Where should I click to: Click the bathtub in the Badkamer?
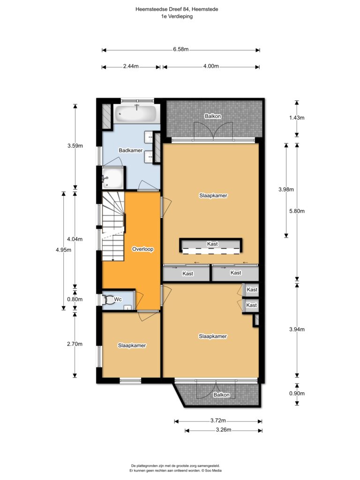136,113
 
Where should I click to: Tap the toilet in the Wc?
108,300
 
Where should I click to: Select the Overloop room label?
142,249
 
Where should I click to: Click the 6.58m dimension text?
180,49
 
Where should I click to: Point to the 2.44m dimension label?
131,66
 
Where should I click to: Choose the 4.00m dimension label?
211,66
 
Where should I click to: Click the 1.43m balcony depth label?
297,118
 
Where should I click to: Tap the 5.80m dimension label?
297,211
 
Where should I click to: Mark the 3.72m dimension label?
218,420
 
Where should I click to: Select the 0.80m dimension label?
75,300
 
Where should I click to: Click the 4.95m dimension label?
63,250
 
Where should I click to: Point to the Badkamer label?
131,150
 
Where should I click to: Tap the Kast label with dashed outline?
212,244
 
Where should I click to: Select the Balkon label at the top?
213,116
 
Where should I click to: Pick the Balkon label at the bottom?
221,395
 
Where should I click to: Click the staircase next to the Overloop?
113,226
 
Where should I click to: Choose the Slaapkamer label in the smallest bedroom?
132,345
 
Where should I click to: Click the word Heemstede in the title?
205,9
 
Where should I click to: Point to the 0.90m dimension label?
297,393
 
